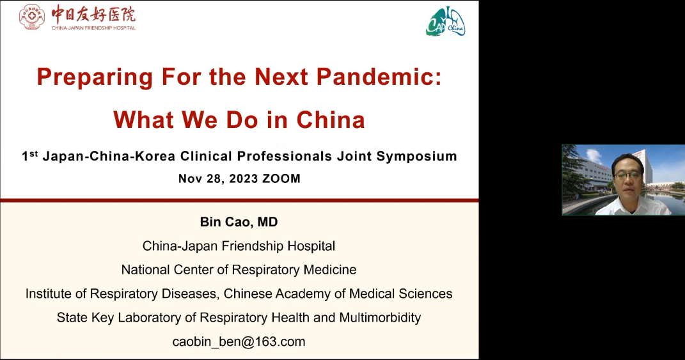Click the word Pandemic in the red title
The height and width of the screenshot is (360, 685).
(375, 77)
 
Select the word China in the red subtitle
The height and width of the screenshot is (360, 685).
(331, 120)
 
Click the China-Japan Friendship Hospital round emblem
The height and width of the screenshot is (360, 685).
(32, 17)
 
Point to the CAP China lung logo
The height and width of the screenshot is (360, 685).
(446, 21)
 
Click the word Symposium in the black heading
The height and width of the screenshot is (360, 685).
(417, 157)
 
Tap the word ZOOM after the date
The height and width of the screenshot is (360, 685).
(281, 178)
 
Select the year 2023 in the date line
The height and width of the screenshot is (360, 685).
(244, 178)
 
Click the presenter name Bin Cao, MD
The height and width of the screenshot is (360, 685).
(239, 222)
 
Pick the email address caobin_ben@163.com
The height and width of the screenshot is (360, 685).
(239, 341)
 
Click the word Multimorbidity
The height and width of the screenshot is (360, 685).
(380, 318)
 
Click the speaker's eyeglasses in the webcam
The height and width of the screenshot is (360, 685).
(628, 175)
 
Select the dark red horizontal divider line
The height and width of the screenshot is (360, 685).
(239, 201)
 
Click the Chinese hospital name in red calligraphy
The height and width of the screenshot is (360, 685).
(93, 14)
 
